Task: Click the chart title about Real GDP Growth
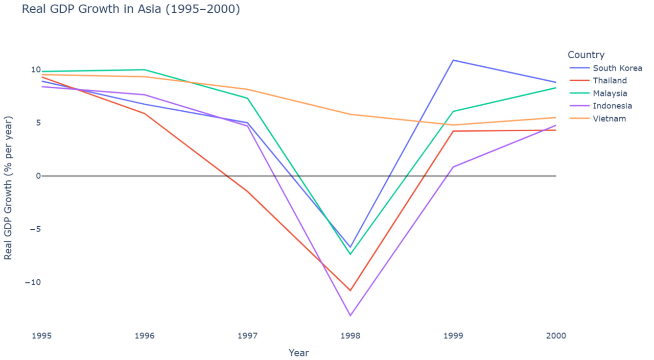click(x=131, y=9)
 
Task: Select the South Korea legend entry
click(x=617, y=68)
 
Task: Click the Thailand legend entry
click(x=610, y=81)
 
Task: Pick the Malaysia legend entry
click(x=610, y=93)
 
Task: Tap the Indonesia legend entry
click(x=612, y=106)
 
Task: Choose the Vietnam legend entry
click(x=609, y=119)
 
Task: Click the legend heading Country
click(x=586, y=55)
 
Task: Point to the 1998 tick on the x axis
click(x=350, y=335)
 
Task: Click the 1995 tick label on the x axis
click(x=42, y=335)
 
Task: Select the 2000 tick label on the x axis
click(x=556, y=335)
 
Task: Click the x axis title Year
click(x=298, y=353)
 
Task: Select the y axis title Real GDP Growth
click(x=8, y=187)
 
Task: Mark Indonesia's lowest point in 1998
click(x=350, y=316)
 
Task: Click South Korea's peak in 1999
click(x=453, y=60)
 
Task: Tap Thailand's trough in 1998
click(x=350, y=291)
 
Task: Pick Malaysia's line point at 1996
click(x=145, y=69)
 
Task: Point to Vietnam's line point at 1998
click(x=350, y=114)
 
